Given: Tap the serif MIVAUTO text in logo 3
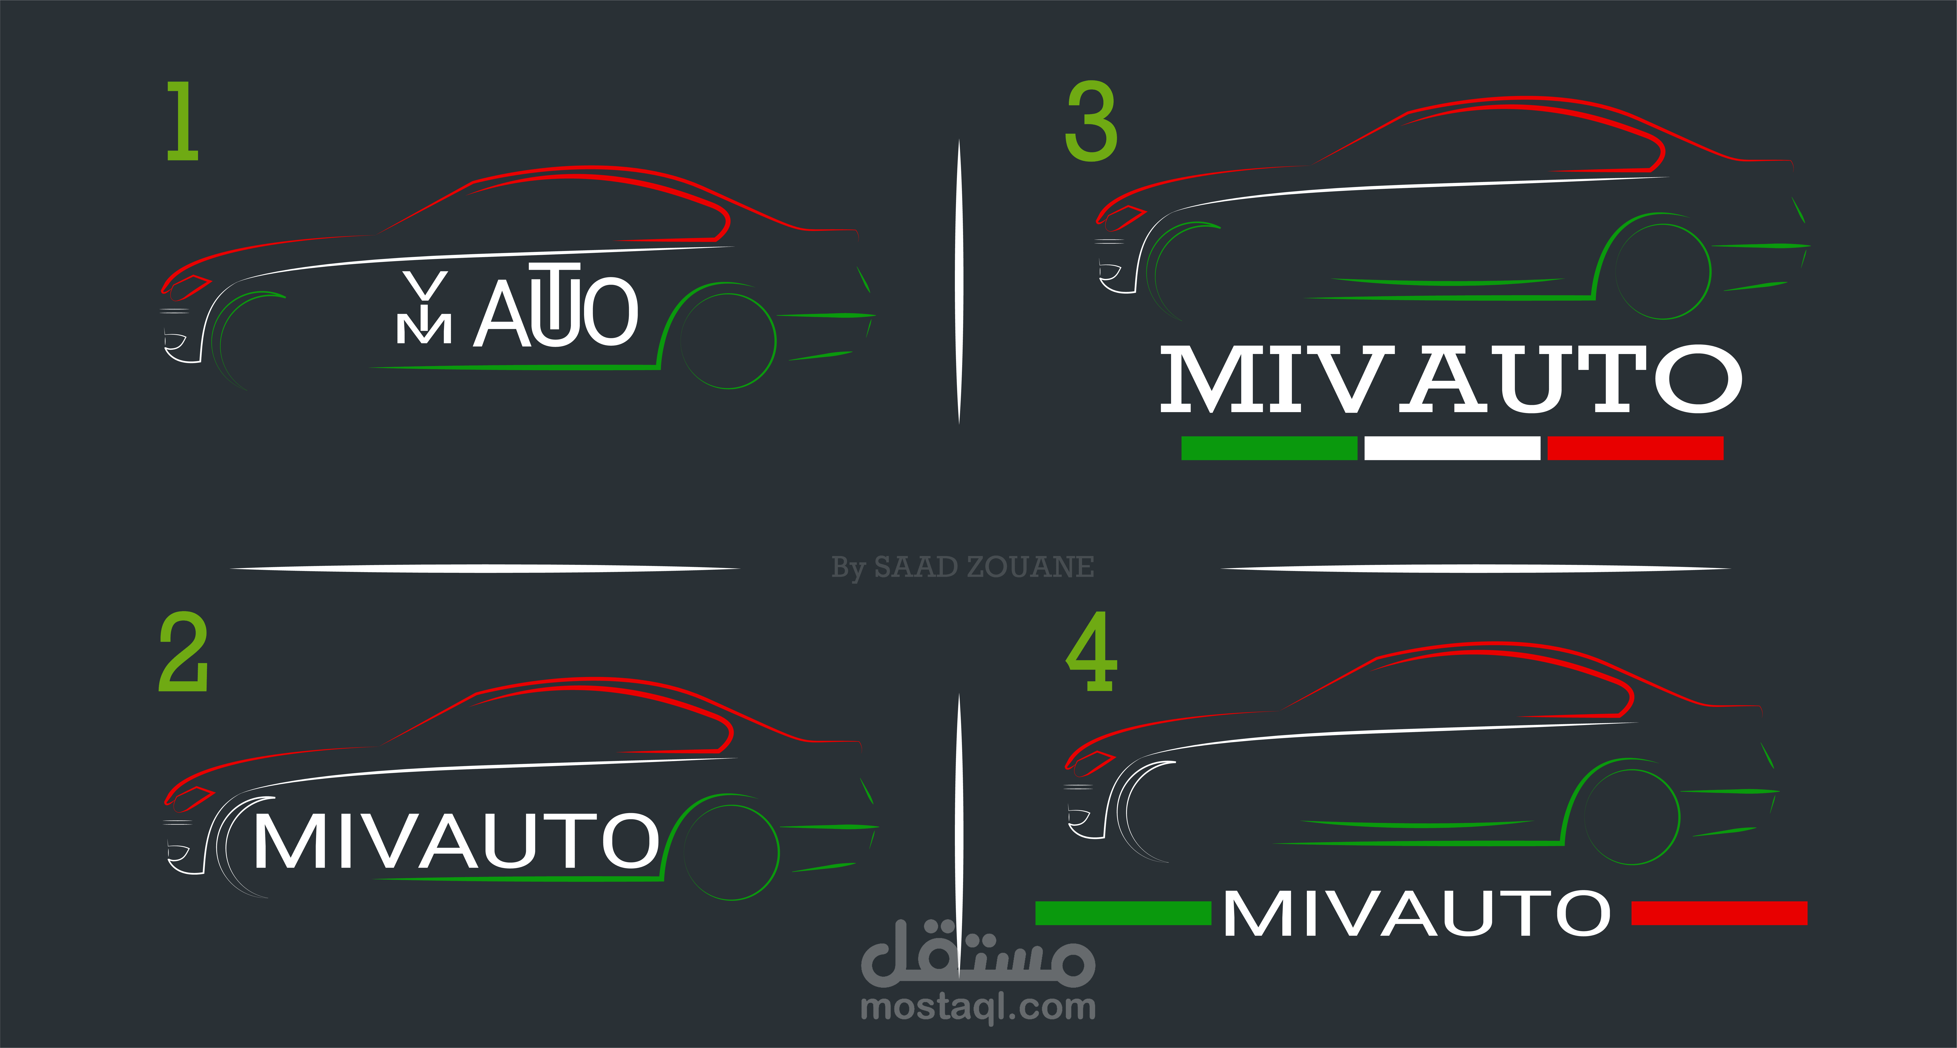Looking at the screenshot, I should tap(1451, 380).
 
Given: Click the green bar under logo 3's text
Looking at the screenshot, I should tap(1269, 448).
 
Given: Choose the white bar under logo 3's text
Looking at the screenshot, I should tap(1452, 448).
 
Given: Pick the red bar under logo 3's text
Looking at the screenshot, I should tap(1635, 448).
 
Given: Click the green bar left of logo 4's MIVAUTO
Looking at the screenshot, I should tap(1123, 913).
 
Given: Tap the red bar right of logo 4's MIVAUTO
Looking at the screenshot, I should tap(1719, 913).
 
